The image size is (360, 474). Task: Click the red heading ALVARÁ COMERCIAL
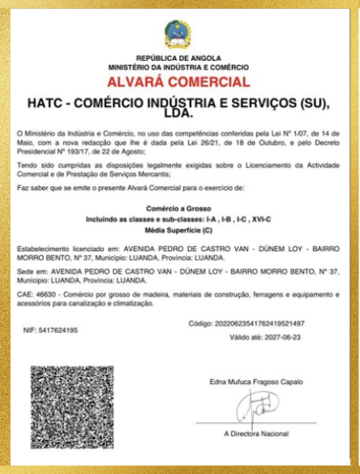(178, 82)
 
